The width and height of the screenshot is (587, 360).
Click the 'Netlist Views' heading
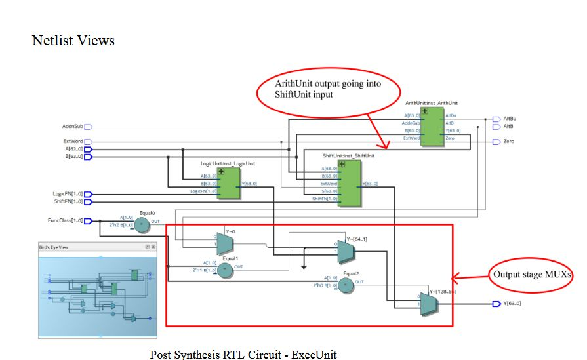(73, 41)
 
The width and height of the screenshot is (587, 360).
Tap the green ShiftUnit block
(349, 183)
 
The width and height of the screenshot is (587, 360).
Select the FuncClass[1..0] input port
(88, 221)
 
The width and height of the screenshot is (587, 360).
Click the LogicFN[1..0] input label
(68, 194)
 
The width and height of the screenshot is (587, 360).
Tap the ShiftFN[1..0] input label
(68, 201)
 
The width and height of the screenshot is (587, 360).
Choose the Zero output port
(496, 142)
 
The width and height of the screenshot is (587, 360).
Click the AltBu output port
(496, 119)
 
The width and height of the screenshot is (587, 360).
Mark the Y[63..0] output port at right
(496, 304)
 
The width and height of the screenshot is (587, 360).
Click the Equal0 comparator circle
(144, 224)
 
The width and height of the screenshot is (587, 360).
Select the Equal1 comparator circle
(226, 270)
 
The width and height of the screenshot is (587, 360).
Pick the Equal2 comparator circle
(346, 284)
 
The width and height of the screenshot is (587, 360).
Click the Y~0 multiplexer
(225, 244)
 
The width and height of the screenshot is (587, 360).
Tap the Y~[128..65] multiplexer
(429, 304)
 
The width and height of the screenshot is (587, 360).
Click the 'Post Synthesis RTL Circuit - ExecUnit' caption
(243, 354)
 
